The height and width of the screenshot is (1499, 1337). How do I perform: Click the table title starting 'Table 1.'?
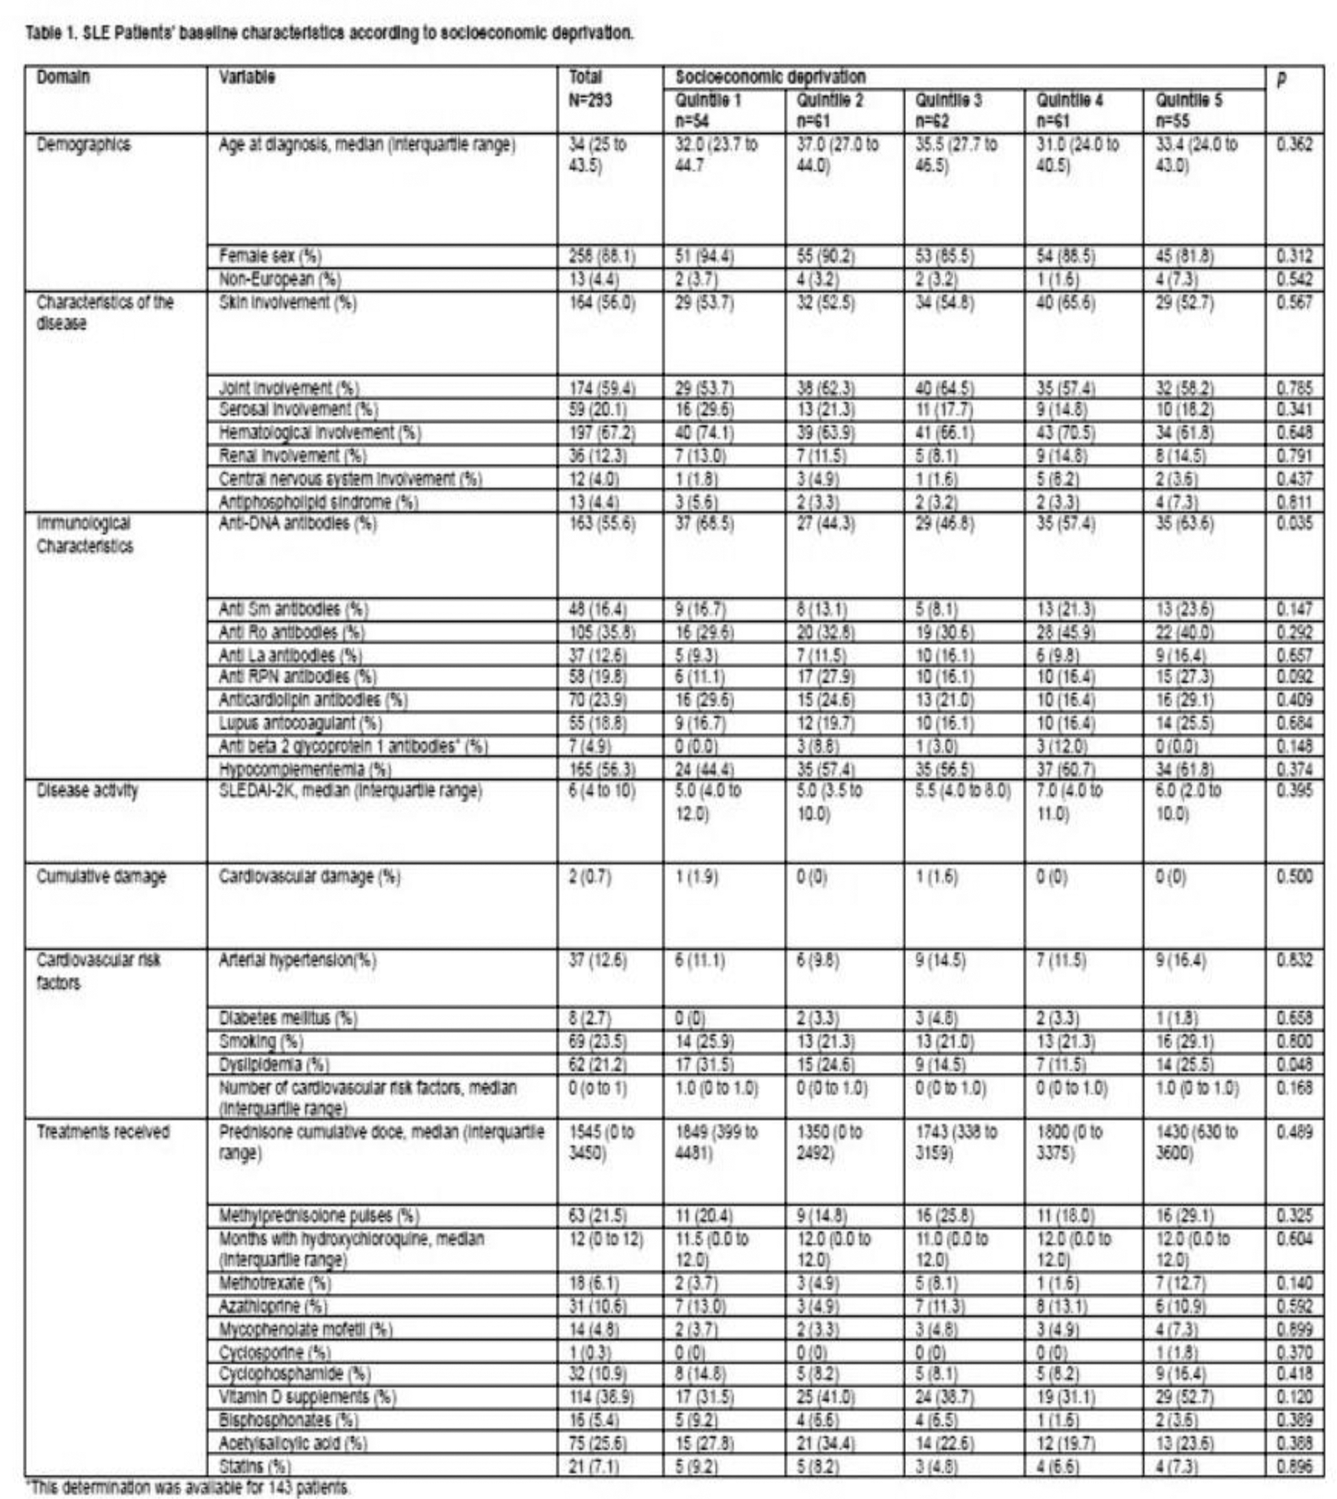329,33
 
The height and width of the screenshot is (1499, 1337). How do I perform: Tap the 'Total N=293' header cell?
590,88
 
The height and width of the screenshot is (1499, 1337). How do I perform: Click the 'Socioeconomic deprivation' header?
770,76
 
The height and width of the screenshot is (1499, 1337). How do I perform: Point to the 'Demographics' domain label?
83,145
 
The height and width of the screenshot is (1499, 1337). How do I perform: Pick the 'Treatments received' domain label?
103,1131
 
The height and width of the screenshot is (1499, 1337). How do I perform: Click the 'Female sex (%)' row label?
269,256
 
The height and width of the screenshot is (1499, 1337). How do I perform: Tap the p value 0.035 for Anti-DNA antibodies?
1294,523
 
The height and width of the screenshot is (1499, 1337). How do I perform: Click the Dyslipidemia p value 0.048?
1294,1064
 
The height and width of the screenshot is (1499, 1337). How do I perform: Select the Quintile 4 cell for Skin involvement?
1065,302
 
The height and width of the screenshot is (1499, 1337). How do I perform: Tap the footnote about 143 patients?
189,1488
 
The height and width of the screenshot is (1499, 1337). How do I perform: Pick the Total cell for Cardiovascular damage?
590,876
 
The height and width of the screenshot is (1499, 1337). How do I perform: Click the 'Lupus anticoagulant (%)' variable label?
300,723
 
